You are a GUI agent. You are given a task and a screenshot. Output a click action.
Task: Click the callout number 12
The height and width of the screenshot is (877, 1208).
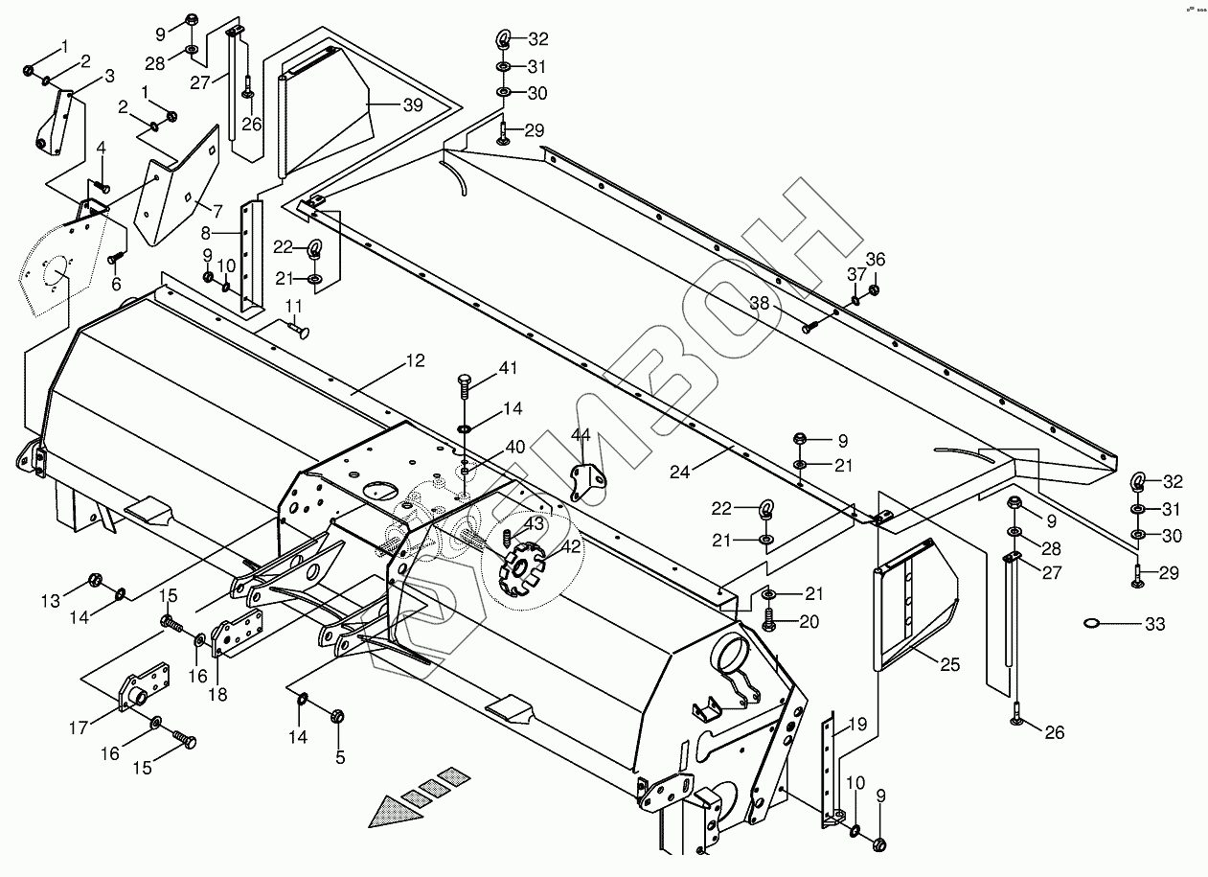tap(415, 361)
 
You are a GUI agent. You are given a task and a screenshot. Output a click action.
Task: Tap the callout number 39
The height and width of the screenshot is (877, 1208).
tap(412, 105)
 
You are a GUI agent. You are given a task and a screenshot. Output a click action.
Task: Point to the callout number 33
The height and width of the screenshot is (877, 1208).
tap(1154, 625)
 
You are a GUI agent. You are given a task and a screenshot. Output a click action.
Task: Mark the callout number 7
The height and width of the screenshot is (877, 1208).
tap(217, 210)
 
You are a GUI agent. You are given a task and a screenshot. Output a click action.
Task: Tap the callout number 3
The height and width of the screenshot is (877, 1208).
tap(109, 76)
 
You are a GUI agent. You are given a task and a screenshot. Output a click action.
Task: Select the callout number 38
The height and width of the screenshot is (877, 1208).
tap(760, 302)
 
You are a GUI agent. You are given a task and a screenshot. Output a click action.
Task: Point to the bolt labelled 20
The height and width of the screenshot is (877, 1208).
tap(769, 623)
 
